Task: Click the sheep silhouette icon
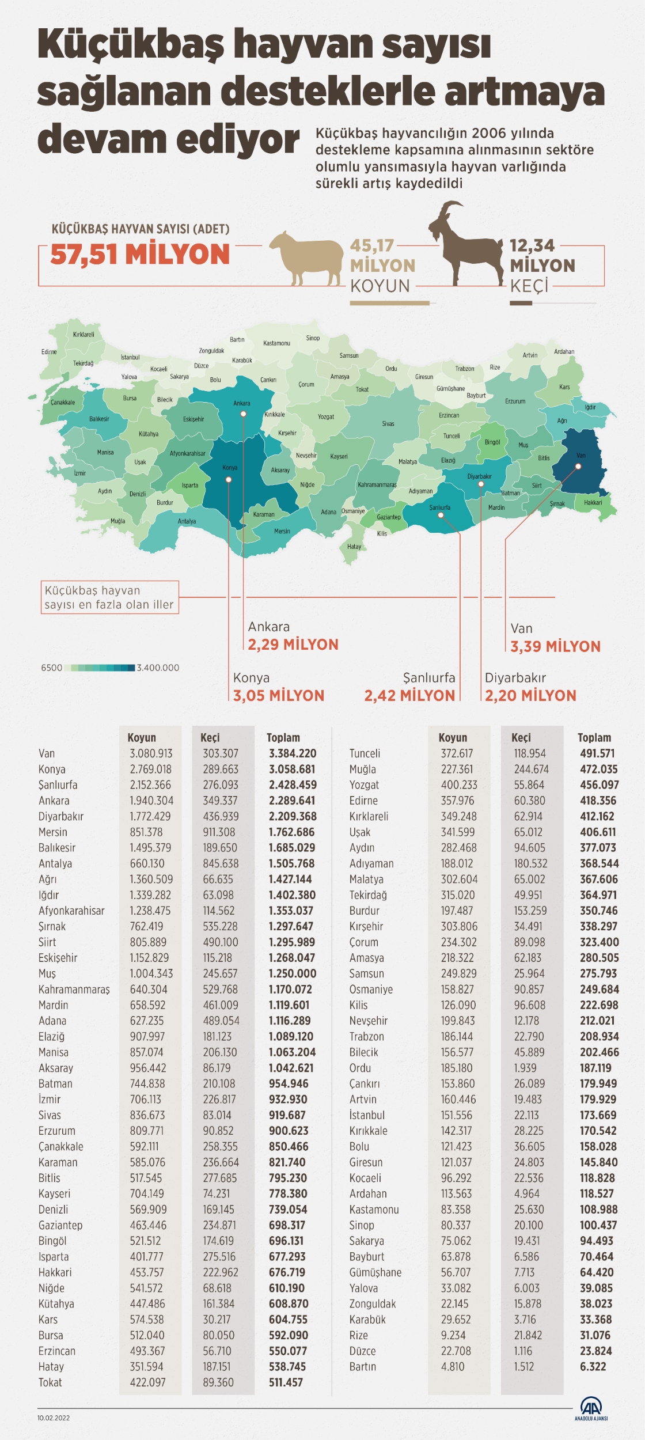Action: pos(306,257)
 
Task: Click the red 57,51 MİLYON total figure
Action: pos(140,254)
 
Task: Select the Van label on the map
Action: pos(581,456)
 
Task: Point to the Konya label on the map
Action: pos(230,468)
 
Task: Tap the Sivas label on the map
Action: pos(388,424)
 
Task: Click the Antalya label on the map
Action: pos(187,521)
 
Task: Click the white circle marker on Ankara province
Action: pos(244,414)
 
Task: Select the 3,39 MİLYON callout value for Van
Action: pos(555,646)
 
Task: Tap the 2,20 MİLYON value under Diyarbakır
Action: pos(530,695)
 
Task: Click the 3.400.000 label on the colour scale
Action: pos(158,668)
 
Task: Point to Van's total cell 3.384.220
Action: pos(293,753)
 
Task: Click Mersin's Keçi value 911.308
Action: pos(219,832)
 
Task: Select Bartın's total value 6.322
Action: pos(593,1366)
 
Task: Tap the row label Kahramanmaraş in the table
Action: pos(74,989)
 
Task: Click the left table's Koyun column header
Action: pos(142,737)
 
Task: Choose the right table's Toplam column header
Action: pos(594,737)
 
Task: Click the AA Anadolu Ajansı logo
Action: pos(591,1408)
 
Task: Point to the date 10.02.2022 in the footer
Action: pos(54,1418)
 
